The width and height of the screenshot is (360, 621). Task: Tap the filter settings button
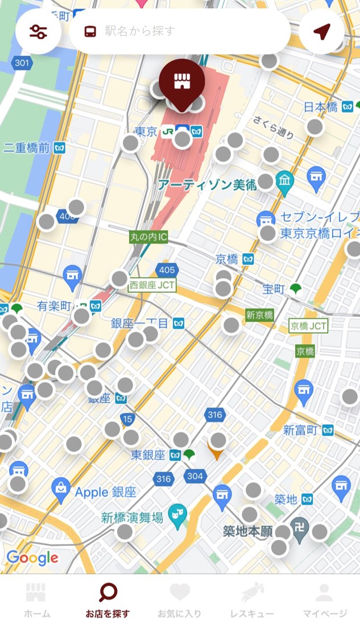tap(38, 32)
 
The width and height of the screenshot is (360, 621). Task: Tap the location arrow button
tap(322, 32)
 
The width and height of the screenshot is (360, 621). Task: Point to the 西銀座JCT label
tap(152, 285)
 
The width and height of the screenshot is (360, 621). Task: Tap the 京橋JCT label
tap(309, 326)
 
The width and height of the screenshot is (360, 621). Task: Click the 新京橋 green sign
tap(259, 314)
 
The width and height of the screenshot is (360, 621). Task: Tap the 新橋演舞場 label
tap(132, 517)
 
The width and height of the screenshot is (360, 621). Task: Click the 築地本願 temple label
tap(248, 532)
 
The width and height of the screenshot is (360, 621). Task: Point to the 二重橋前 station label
tap(27, 148)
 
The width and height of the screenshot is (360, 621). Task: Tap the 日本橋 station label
tap(321, 107)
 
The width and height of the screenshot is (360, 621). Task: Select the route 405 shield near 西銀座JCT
tap(167, 270)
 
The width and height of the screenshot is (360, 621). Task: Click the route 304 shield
tap(195, 475)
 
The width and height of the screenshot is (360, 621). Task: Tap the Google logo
tap(32, 558)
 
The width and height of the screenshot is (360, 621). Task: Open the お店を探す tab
tap(107, 600)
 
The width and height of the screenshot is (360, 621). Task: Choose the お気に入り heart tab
tap(180, 600)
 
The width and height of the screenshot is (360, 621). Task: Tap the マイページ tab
tap(324, 600)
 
